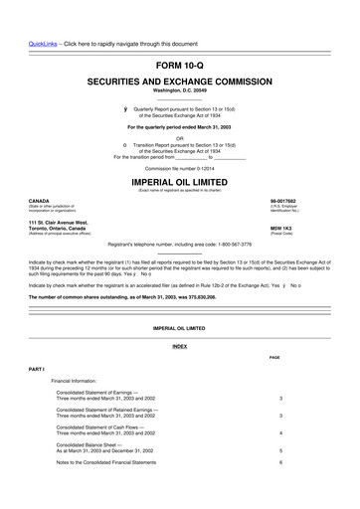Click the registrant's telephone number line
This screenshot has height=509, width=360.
[x=179, y=245]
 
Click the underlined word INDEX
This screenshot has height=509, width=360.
[x=179, y=346]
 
